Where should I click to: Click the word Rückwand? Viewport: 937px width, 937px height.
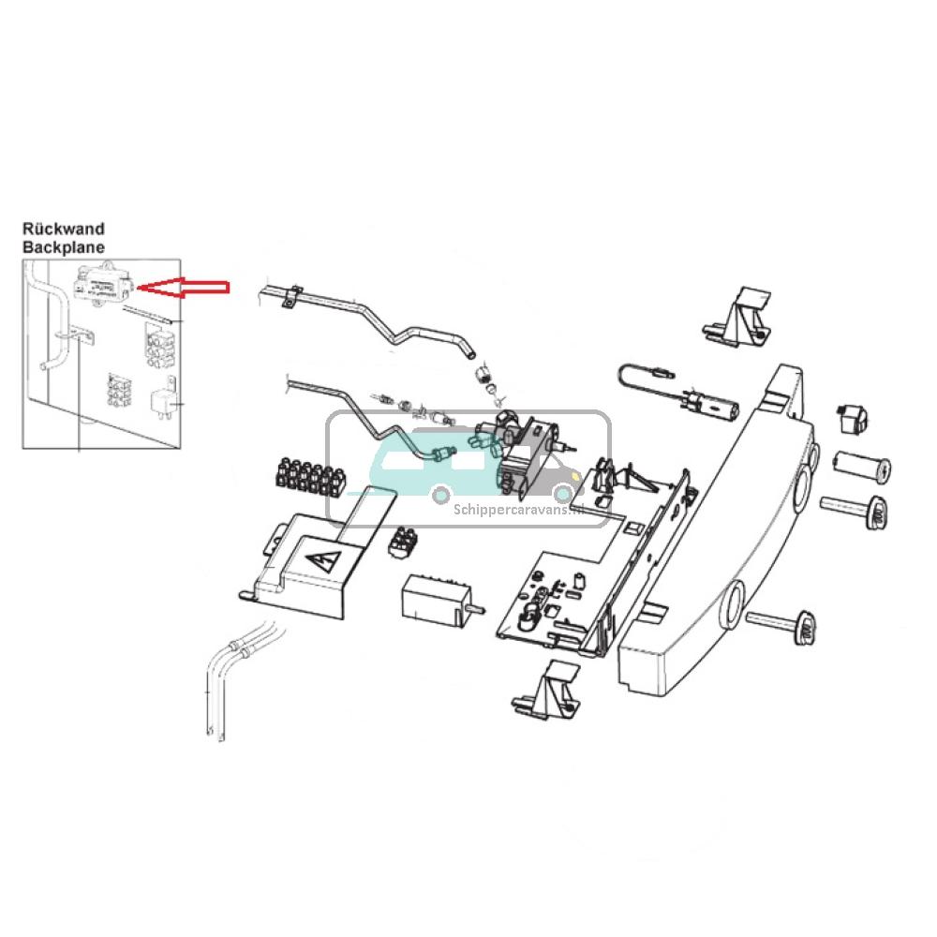(63, 229)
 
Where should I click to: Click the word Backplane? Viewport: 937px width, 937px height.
(63, 247)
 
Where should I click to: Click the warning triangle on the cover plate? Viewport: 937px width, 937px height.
(321, 562)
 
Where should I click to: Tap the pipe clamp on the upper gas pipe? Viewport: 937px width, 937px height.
(291, 296)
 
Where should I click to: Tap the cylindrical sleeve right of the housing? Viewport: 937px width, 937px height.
(860, 466)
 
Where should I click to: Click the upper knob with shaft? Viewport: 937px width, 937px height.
(855, 511)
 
